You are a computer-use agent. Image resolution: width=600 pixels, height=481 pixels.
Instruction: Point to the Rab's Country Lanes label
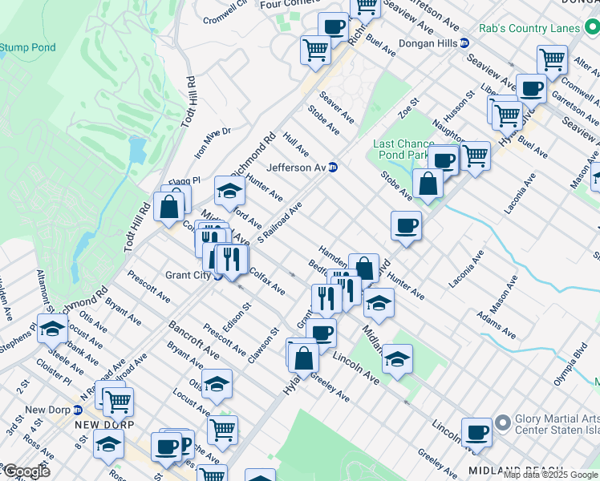529,28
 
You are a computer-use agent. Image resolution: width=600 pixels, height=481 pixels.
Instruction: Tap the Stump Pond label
28,47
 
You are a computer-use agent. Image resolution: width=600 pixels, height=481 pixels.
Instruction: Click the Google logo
26,471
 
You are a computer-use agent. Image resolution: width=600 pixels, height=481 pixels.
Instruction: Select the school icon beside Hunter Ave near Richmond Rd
229,192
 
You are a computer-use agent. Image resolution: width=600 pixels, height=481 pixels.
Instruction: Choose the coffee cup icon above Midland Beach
476,432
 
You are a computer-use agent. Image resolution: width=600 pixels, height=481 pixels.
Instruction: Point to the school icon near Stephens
53,329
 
